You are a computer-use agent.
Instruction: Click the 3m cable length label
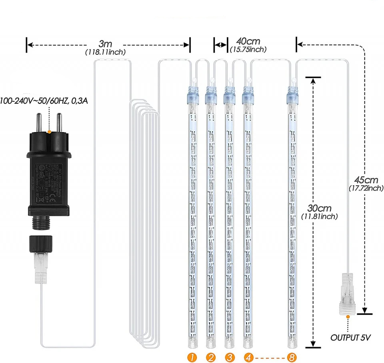click(x=105, y=43)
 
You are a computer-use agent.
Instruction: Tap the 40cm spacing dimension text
click(x=248, y=41)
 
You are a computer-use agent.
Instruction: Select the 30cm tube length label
click(x=320, y=208)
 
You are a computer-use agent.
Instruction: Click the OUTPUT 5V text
click(x=351, y=338)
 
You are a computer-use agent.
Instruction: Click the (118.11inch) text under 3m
click(x=105, y=52)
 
